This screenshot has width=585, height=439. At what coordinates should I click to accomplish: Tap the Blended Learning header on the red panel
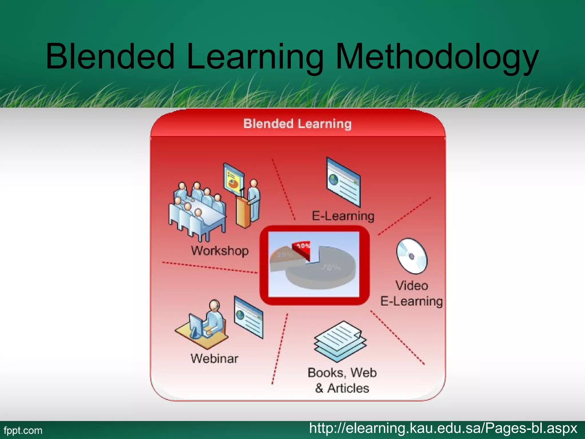pyautogui.click(x=297, y=124)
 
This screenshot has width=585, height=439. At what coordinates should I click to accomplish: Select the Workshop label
pyautogui.click(x=220, y=251)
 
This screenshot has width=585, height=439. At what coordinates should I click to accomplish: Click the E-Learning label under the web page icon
pyautogui.click(x=343, y=215)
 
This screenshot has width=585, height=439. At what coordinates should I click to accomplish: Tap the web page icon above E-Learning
pyautogui.click(x=343, y=182)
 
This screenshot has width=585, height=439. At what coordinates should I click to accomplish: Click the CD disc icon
pyautogui.click(x=411, y=256)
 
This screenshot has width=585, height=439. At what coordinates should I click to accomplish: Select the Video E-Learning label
pyautogui.click(x=411, y=293)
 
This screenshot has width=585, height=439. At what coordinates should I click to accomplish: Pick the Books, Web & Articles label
pyautogui.click(x=342, y=380)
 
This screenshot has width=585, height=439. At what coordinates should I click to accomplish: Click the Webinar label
pyautogui.click(x=214, y=358)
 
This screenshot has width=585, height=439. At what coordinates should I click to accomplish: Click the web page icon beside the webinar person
pyautogui.click(x=249, y=317)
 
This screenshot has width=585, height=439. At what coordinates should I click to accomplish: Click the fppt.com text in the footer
pyautogui.click(x=23, y=430)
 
